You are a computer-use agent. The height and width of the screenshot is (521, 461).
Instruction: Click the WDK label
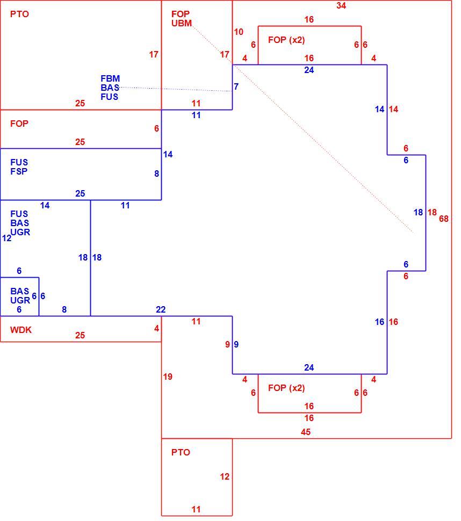(x=20, y=330)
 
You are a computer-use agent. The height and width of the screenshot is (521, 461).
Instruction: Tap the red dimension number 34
(x=341, y=5)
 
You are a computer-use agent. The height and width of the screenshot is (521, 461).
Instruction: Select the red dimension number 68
(x=444, y=219)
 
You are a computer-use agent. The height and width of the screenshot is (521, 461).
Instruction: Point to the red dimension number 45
(x=306, y=432)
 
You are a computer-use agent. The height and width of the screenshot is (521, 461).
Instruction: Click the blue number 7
(x=236, y=86)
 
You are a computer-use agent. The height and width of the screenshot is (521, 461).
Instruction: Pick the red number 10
(x=239, y=32)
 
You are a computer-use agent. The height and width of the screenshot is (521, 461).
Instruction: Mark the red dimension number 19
(x=168, y=377)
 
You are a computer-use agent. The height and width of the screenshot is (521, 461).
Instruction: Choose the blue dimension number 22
(x=161, y=310)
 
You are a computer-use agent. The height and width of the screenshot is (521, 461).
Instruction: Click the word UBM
(x=182, y=23)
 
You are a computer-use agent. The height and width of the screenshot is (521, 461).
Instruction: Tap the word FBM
(x=110, y=79)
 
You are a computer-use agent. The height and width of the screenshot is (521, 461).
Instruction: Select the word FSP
(x=19, y=171)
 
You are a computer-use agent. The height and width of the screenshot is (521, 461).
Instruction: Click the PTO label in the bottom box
(x=181, y=452)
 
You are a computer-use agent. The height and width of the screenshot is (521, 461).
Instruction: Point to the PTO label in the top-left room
(x=19, y=14)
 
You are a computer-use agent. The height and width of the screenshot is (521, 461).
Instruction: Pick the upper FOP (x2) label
(x=286, y=40)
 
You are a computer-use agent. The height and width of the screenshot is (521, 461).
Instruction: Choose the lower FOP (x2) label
(x=286, y=388)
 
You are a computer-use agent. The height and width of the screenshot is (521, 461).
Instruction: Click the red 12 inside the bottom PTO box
(x=225, y=477)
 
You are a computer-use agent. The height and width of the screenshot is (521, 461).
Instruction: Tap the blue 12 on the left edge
(x=6, y=238)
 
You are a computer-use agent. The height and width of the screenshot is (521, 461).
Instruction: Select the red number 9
(x=227, y=345)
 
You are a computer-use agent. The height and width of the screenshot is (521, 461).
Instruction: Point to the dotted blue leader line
(x=176, y=89)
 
